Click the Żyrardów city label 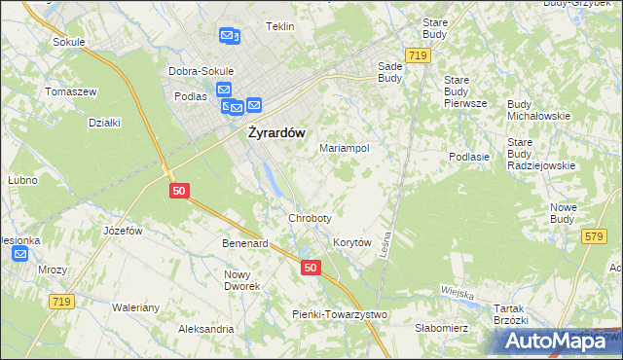pos(272,132)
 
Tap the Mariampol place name pos(344,149)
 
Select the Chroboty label pos(310,218)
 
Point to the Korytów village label pos(352,242)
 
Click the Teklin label pos(279,26)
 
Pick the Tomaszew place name pos(70,91)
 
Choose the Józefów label pos(124,231)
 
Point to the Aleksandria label pos(205,329)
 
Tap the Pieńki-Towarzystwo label pos(341,314)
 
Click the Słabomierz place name pos(442,328)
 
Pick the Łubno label pos(22,180)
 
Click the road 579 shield pos(595,236)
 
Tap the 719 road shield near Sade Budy pos(419,56)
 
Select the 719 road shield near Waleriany pos(61,303)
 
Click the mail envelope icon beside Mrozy pos(21,254)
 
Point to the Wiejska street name pos(456,292)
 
